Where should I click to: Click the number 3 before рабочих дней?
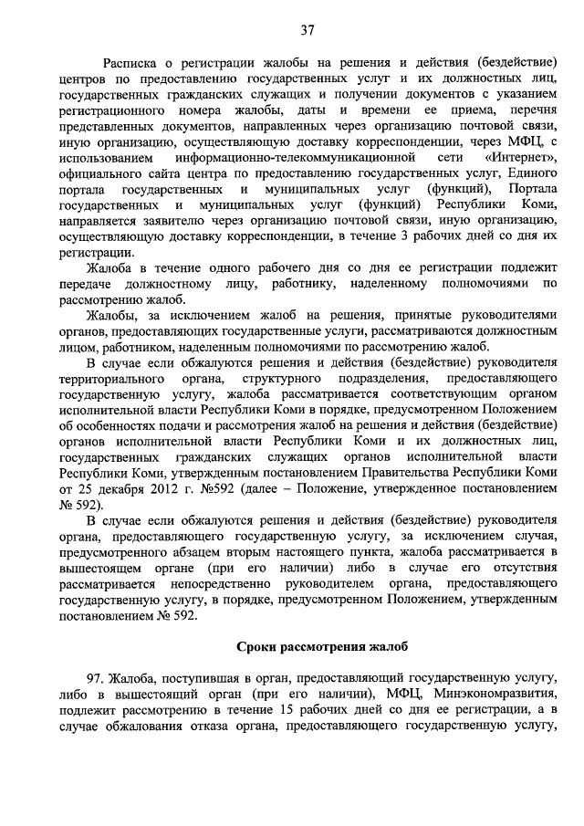point(418,235)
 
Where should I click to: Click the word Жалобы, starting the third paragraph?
point(112,316)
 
